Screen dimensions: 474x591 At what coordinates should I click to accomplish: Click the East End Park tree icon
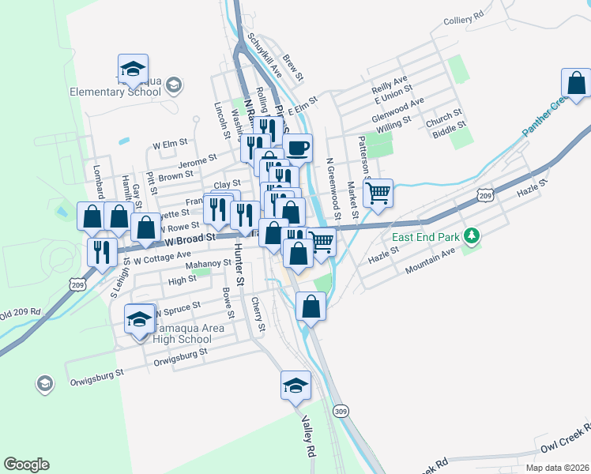point(472,235)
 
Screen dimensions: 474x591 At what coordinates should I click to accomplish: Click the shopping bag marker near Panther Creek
point(576,82)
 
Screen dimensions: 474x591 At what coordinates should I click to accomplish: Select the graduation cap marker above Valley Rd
point(296,385)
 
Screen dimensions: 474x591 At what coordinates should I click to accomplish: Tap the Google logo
point(26,465)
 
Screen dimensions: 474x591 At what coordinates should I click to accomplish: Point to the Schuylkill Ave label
point(265,55)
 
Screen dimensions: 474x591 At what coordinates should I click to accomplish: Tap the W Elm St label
point(170,145)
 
